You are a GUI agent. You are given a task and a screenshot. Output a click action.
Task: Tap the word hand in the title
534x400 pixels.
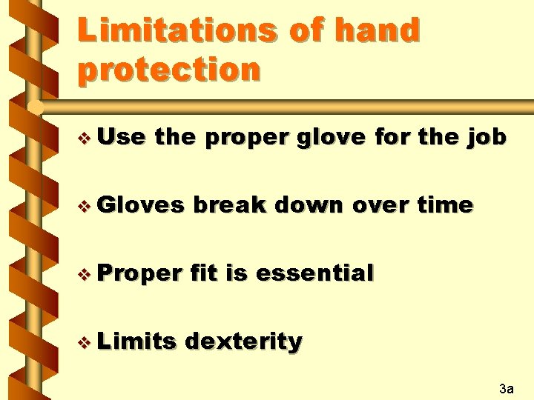[x=378, y=30]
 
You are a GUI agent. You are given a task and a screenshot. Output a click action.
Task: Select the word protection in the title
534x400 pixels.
[x=169, y=70]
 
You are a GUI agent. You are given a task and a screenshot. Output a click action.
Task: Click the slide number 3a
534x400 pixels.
[x=507, y=387]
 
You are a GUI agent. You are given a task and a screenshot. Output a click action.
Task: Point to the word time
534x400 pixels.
[x=444, y=205]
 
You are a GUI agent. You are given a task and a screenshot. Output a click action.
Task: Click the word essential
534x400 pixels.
[x=314, y=273]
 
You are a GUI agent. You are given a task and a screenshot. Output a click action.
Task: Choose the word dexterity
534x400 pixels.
[x=243, y=341]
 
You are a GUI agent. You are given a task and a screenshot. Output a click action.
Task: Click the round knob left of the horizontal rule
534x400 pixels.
[x=34, y=108]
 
